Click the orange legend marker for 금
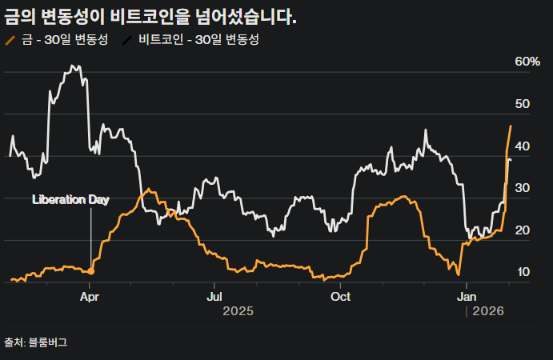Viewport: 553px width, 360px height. [x=10, y=39]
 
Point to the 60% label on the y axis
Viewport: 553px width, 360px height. [x=527, y=62]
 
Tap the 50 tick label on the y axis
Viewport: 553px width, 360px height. [x=523, y=104]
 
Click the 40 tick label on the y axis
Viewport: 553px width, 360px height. [x=523, y=146]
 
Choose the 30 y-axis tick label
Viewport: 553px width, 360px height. [x=523, y=188]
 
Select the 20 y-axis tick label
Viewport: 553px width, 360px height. [x=523, y=230]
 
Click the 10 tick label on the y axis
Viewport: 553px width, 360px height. [x=523, y=272]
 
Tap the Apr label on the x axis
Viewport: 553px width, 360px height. [x=90, y=297]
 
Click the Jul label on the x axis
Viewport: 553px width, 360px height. [x=214, y=297]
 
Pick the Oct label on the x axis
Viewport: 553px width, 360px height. [x=341, y=297]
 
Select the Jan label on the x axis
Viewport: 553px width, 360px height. [x=467, y=297]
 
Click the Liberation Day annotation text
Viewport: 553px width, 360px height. [x=70, y=200]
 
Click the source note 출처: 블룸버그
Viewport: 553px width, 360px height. [x=36, y=342]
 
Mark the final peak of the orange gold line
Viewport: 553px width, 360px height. [x=511, y=126]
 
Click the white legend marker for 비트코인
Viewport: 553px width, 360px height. [x=128, y=39]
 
